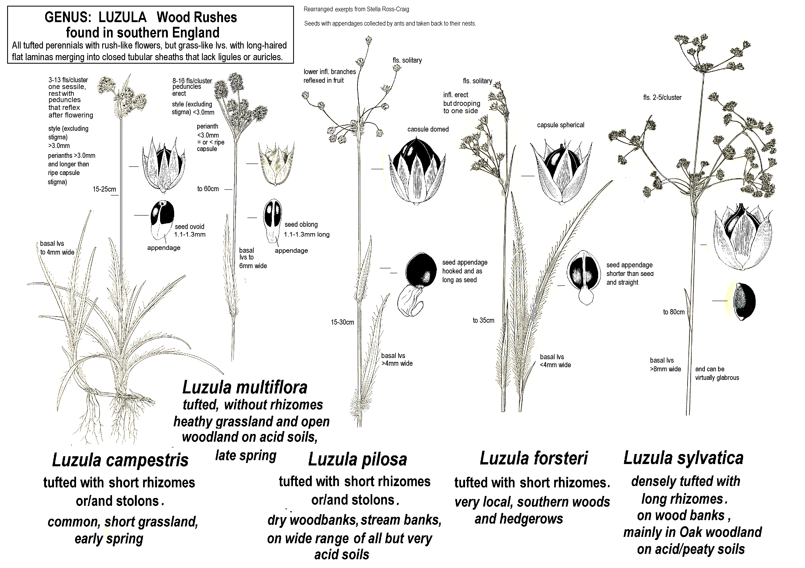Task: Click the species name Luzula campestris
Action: (120, 460)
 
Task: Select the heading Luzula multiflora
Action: (245, 387)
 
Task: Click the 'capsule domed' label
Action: (428, 129)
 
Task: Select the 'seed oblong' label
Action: (301, 224)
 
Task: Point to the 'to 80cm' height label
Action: (674, 312)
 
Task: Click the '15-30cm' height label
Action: (342, 322)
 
